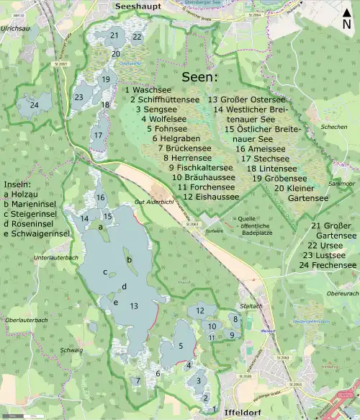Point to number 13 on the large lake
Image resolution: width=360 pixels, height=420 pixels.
134,306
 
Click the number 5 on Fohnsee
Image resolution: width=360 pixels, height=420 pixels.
181,347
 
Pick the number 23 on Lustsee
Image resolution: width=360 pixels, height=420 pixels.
78,97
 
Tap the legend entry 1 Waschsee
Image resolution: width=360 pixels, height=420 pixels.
148,89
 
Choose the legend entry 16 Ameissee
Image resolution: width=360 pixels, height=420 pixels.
261,148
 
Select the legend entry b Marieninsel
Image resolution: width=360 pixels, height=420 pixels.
37,205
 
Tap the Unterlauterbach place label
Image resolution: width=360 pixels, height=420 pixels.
51,257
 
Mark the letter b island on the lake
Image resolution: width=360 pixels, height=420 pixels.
129,259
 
